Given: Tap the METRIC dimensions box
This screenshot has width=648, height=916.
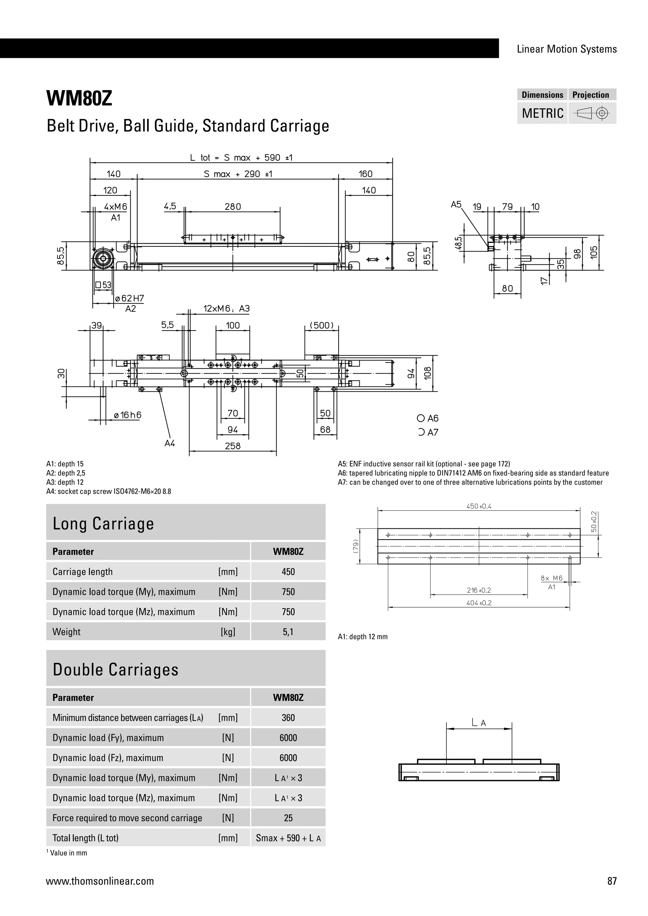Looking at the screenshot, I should pyautogui.click(x=542, y=113).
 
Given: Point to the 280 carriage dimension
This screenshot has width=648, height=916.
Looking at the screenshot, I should pyautogui.click(x=233, y=207).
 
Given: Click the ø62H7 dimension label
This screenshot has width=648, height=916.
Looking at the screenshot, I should pyautogui.click(x=129, y=298).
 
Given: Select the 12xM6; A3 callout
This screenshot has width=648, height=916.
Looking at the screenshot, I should pyautogui.click(x=226, y=308).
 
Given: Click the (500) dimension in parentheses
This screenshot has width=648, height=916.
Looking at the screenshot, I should pyautogui.click(x=321, y=325).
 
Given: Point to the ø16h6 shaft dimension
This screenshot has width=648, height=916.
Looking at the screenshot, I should pyautogui.click(x=128, y=415).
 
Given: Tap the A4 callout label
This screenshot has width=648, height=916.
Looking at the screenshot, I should pyautogui.click(x=170, y=443).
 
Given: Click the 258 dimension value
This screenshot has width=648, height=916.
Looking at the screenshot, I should pyautogui.click(x=233, y=446).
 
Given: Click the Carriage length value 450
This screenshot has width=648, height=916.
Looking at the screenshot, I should pyautogui.click(x=288, y=572).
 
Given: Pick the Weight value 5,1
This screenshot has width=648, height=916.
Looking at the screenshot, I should pyautogui.click(x=288, y=632).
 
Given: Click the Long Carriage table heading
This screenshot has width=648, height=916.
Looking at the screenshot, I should pyautogui.click(x=103, y=523).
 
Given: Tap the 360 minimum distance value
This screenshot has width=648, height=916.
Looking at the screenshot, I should pyautogui.click(x=288, y=718).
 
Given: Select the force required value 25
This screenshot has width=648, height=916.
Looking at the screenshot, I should pyautogui.click(x=288, y=818).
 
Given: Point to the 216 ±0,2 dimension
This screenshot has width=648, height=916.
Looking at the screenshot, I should pyautogui.click(x=479, y=590).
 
